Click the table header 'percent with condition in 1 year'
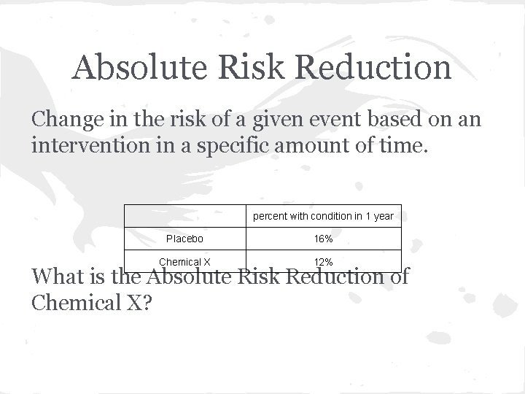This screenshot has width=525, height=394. click(323, 216)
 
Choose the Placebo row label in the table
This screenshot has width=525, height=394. click(184, 239)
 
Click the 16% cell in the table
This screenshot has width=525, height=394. click(323, 239)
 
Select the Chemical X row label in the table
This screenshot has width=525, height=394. click(184, 262)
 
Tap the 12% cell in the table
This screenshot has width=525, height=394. click(323, 262)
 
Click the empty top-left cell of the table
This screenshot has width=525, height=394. click(184, 216)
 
